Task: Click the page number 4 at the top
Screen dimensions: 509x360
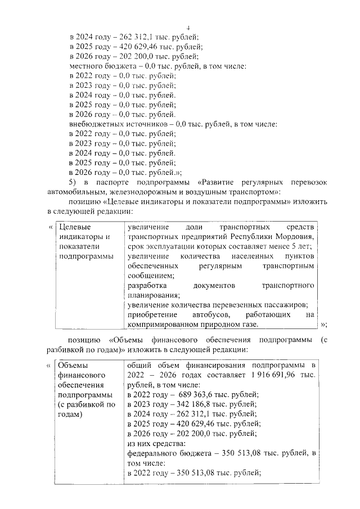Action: pos(188,27)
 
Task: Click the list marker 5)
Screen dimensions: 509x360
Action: pos(73,183)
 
